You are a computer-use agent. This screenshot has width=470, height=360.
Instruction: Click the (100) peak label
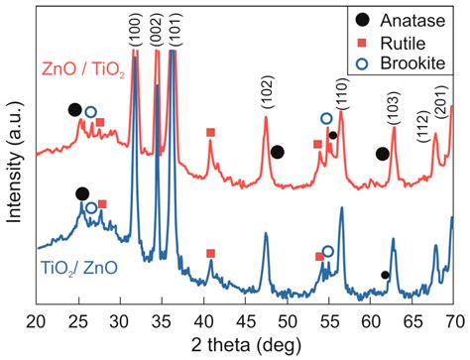(136, 28)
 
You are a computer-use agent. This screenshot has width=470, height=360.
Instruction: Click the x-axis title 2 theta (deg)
(245, 345)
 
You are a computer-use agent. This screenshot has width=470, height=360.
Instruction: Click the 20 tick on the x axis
(36, 320)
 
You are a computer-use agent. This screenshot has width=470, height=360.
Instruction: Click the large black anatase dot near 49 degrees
(278, 152)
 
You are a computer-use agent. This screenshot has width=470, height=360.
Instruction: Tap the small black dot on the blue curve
(385, 275)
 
